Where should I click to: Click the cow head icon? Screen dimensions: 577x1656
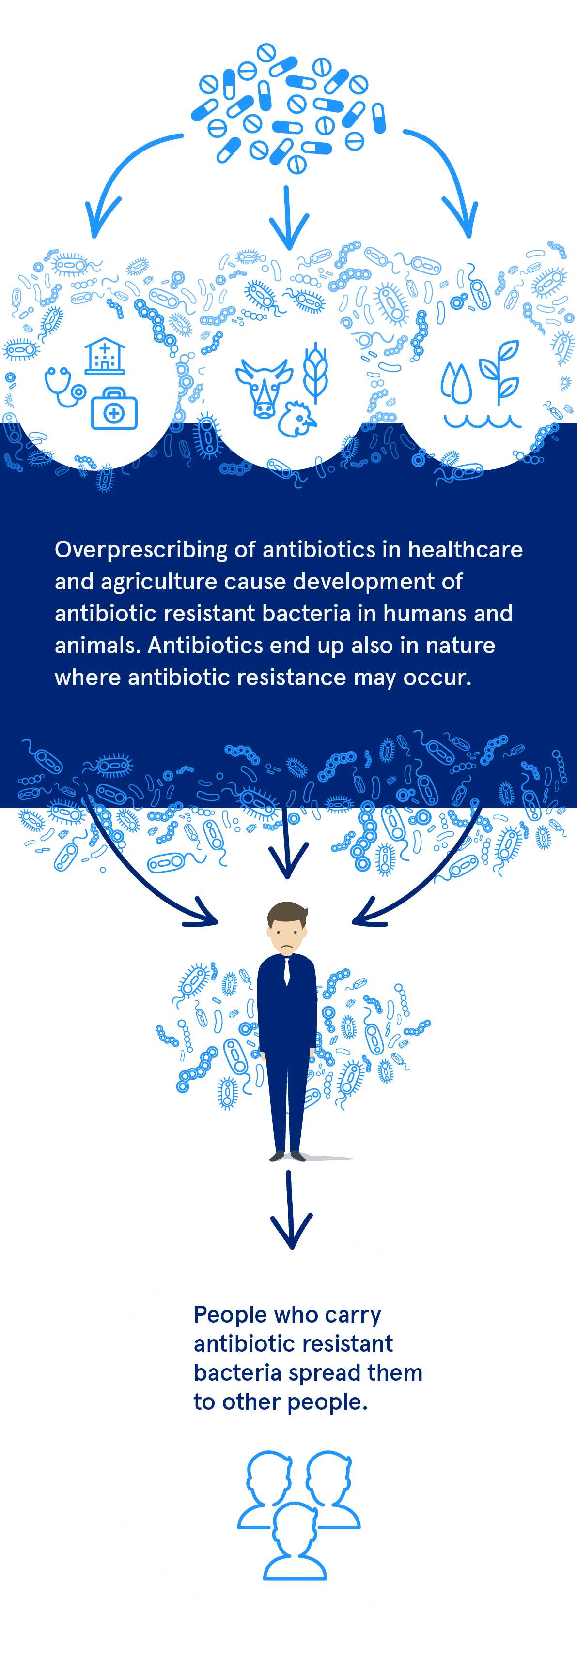264,388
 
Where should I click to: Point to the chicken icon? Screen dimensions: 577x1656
296,419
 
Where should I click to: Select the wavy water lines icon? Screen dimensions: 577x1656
483,421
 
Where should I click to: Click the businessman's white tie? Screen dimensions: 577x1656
287,971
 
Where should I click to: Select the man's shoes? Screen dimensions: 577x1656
287,1156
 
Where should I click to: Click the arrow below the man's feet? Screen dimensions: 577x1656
290,1208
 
